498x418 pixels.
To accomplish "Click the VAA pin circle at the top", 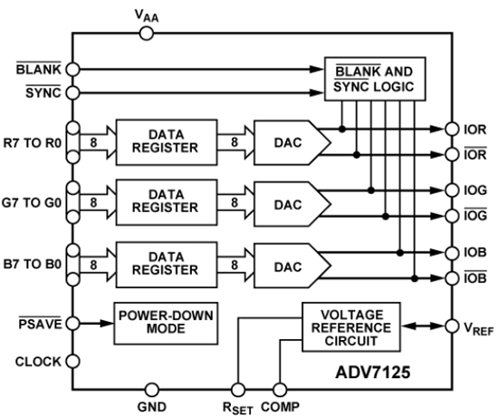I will [x=148, y=34].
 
